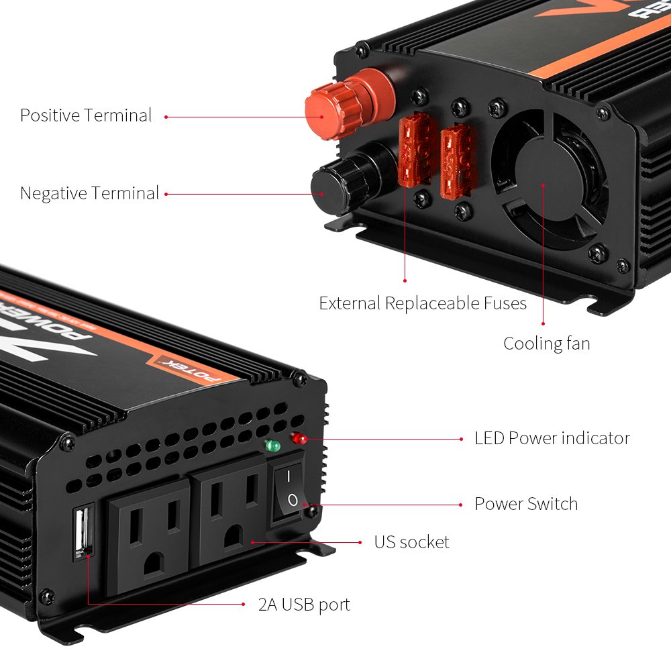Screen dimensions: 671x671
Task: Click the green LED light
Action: (272, 446)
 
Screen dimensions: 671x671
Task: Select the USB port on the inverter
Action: (82, 533)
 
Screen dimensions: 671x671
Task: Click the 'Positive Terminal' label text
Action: (86, 115)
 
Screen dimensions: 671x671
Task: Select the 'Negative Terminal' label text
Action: (89, 194)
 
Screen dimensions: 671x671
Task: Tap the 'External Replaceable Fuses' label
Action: (423, 303)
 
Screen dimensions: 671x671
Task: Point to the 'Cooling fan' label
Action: (547, 344)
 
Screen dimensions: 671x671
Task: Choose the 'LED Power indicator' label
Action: (552, 438)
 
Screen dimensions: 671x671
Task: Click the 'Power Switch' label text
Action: (526, 504)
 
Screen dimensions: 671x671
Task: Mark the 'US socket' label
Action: (411, 542)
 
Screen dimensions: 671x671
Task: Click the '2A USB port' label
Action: (304, 605)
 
